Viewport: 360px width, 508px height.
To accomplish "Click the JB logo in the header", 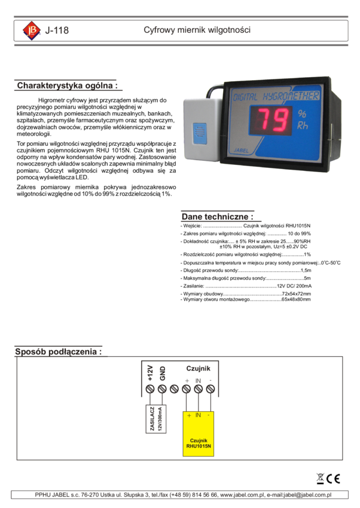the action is [32, 30].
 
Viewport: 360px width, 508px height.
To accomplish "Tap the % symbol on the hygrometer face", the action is [302, 114].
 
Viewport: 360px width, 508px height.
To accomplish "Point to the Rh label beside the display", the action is [303, 126].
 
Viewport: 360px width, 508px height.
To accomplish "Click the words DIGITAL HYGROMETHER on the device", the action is [276, 96].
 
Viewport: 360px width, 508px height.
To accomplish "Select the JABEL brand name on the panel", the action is [241, 152].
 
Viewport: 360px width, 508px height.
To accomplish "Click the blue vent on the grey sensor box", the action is [199, 132].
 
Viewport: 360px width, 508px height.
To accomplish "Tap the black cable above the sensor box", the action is [215, 90].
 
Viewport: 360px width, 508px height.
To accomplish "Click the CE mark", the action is [334, 479].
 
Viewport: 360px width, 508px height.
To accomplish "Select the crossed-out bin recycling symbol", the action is [321, 479].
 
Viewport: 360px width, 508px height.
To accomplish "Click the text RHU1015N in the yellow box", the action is [198, 445].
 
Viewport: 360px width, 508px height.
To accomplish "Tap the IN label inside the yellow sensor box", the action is [198, 415].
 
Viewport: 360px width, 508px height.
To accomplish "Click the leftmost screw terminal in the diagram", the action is [150, 389].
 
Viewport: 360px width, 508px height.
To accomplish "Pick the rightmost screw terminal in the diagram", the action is [210, 389].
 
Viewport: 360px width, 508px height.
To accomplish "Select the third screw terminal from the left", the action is [174, 389].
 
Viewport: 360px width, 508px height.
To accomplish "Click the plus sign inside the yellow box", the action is [188, 415].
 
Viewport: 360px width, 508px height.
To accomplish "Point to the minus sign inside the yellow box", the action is [208, 415].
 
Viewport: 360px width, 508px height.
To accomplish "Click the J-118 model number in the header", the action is [57, 30].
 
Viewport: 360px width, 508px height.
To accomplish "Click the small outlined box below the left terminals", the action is [156, 420].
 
